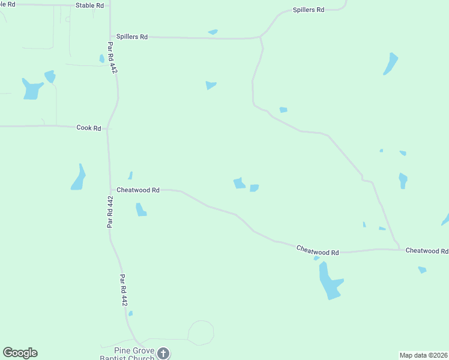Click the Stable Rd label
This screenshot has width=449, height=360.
[x=89, y=5]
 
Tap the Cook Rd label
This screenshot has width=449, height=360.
[x=89, y=128]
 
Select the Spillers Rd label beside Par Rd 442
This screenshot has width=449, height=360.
[x=132, y=37]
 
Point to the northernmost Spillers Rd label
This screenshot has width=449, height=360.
[x=308, y=10]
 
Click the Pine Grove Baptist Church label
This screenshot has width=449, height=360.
[x=127, y=353]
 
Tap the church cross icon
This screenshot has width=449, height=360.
[x=163, y=353]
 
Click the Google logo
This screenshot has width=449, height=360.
[x=20, y=353]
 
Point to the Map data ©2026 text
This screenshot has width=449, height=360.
[x=423, y=355]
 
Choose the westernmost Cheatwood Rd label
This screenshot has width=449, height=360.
[x=137, y=190]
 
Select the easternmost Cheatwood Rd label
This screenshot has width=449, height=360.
[x=427, y=250]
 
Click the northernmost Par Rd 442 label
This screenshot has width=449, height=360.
[x=113, y=58]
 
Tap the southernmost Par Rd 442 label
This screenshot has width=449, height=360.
[x=124, y=290]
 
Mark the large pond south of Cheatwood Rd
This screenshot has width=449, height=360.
[x=328, y=281]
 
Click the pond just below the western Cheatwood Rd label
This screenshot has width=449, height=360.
[x=141, y=209]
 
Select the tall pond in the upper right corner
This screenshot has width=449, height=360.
[x=391, y=64]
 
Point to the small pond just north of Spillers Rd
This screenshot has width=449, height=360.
[x=212, y=32]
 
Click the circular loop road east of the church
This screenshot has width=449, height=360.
[x=201, y=333]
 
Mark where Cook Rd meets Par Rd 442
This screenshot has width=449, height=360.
[x=108, y=128]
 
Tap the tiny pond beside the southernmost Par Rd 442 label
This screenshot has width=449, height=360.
[x=130, y=313]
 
